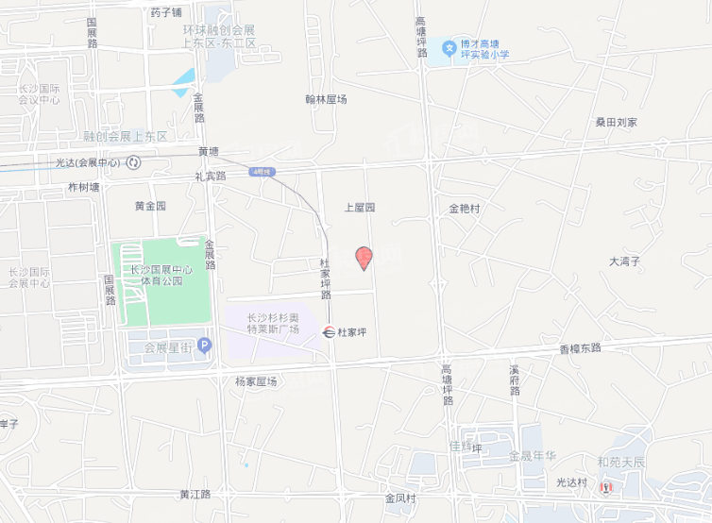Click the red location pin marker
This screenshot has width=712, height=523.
tap(363, 257)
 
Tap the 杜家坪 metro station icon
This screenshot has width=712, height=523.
tap(329, 331)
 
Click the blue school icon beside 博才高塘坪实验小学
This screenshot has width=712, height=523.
tap(449, 47)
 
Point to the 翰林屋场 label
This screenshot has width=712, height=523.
tap(326, 98)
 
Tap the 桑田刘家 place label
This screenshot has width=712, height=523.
tap(616, 122)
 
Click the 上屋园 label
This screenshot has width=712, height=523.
tap(360, 207)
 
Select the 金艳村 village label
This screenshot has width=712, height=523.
tap(465, 208)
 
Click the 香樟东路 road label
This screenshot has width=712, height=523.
tap(580, 348)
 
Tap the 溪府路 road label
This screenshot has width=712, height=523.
tap(515, 380)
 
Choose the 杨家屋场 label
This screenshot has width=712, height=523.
tap(256, 381)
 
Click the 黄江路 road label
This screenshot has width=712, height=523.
tap(195, 494)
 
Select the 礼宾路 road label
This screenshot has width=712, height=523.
tap(211, 176)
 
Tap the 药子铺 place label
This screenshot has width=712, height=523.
tap(166, 13)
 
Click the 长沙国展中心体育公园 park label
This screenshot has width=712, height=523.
tap(161, 275)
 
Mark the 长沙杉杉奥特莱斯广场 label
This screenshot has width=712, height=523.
tap(273, 323)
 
